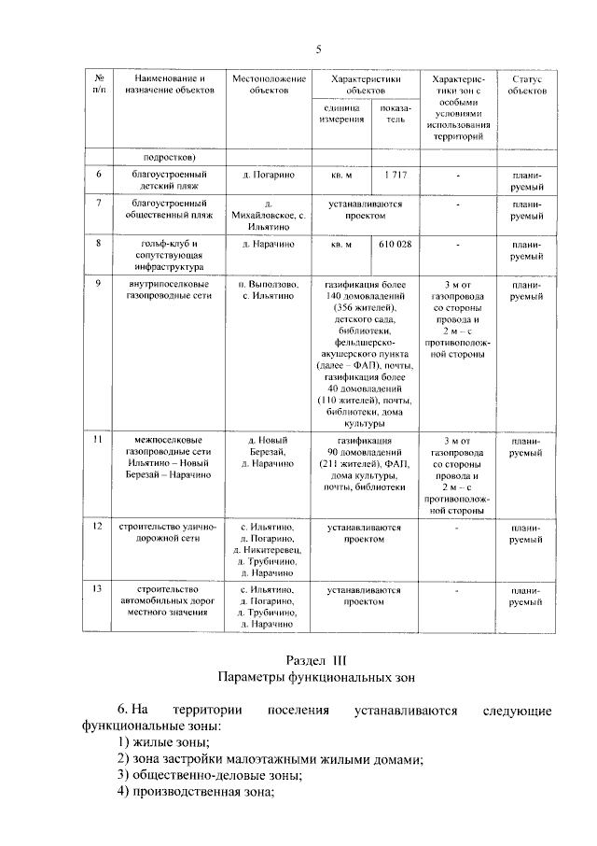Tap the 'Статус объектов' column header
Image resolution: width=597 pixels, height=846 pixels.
tap(527, 84)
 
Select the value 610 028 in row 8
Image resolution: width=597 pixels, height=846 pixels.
tap(396, 244)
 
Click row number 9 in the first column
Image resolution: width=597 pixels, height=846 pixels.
tap(98, 282)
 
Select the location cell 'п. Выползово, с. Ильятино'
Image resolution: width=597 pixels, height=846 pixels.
tap(268, 289)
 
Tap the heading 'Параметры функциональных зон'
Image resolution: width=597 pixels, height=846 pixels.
tap(316, 677)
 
